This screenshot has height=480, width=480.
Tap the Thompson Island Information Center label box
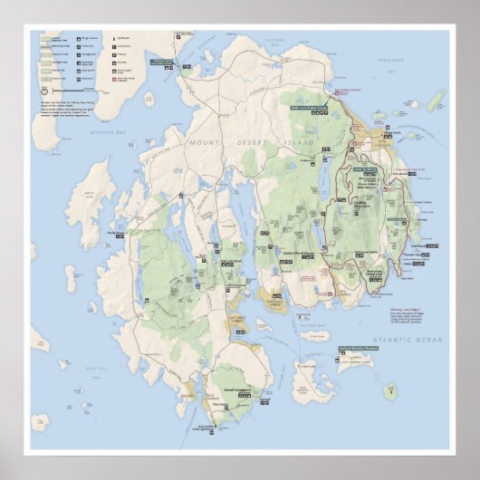pyautogui.click(x=161, y=62)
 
